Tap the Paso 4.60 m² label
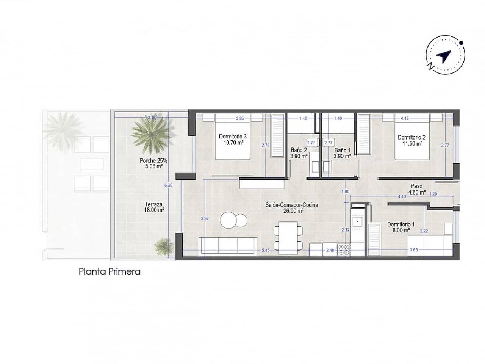[416, 189]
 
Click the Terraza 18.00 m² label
[154, 206]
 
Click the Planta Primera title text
[110, 271]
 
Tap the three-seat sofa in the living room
[228, 246]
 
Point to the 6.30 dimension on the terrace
[168, 185]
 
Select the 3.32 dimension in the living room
[205, 218]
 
